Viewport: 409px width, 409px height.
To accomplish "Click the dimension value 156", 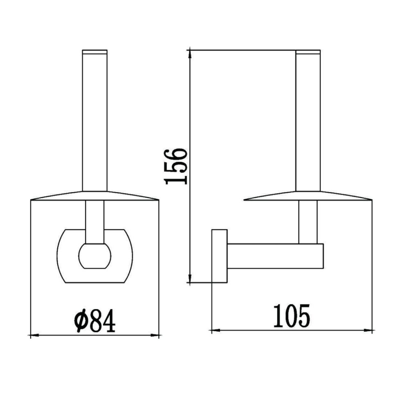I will (x=177, y=166).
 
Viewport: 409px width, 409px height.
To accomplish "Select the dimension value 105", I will (x=292, y=316).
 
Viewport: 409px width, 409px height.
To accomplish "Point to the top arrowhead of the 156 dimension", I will (x=190, y=52).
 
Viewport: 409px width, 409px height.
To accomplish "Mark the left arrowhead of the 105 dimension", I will (x=214, y=330).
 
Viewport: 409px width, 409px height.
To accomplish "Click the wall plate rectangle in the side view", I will (x=219, y=256).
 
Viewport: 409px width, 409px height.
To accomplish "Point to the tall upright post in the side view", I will (x=308, y=123).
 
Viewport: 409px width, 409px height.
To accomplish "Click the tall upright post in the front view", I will (x=95, y=123).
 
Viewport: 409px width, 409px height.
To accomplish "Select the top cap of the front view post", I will (x=95, y=52).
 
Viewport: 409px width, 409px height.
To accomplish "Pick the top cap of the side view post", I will (x=308, y=52).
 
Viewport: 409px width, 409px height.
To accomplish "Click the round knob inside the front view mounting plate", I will (x=95, y=256).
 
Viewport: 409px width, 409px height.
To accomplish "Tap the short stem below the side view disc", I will (x=308, y=222).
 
